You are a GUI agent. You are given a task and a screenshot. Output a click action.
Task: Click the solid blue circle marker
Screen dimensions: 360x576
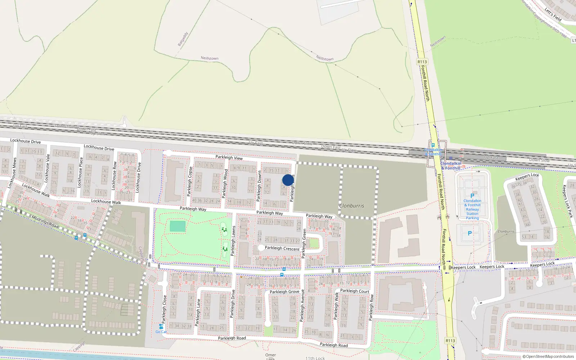pos(288,180)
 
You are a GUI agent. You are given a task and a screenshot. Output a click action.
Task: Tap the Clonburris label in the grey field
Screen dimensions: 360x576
pos(351,206)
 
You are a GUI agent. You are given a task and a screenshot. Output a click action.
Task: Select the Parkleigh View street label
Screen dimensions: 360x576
pos(229,157)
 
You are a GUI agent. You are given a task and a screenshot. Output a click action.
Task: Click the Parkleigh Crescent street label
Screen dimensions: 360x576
pos(282,248)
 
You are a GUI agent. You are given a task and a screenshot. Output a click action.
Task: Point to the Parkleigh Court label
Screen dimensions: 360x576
pos(355,291)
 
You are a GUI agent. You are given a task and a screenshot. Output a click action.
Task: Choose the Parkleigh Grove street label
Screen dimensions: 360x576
pos(284,292)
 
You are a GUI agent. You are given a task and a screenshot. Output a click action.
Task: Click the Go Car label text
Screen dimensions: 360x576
pos(161,332)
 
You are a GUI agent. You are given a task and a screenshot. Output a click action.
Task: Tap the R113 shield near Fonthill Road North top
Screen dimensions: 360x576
pos(422,62)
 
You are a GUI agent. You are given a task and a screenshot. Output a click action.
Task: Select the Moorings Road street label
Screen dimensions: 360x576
pos(45,221)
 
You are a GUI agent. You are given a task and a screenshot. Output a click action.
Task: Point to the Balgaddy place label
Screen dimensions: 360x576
pos(183,39)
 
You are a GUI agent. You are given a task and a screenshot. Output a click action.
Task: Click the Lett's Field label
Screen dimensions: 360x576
pos(553,14)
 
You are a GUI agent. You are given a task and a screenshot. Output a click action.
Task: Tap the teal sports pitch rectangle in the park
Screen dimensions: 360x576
pos(177,226)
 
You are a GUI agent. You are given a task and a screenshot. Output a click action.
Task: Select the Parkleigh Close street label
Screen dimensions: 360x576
pos(165,309)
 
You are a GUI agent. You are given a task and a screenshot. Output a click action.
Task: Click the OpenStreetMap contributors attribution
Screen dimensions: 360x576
pos(548,356)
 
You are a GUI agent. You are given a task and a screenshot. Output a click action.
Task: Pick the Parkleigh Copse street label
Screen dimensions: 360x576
pos(190,181)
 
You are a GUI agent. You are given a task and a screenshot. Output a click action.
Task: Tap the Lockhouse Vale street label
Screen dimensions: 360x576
pos(47,168)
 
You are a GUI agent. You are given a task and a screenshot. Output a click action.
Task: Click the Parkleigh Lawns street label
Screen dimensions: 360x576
pos(233,240)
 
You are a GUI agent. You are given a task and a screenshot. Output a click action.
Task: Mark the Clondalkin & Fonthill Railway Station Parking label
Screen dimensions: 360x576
pos(472,209)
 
